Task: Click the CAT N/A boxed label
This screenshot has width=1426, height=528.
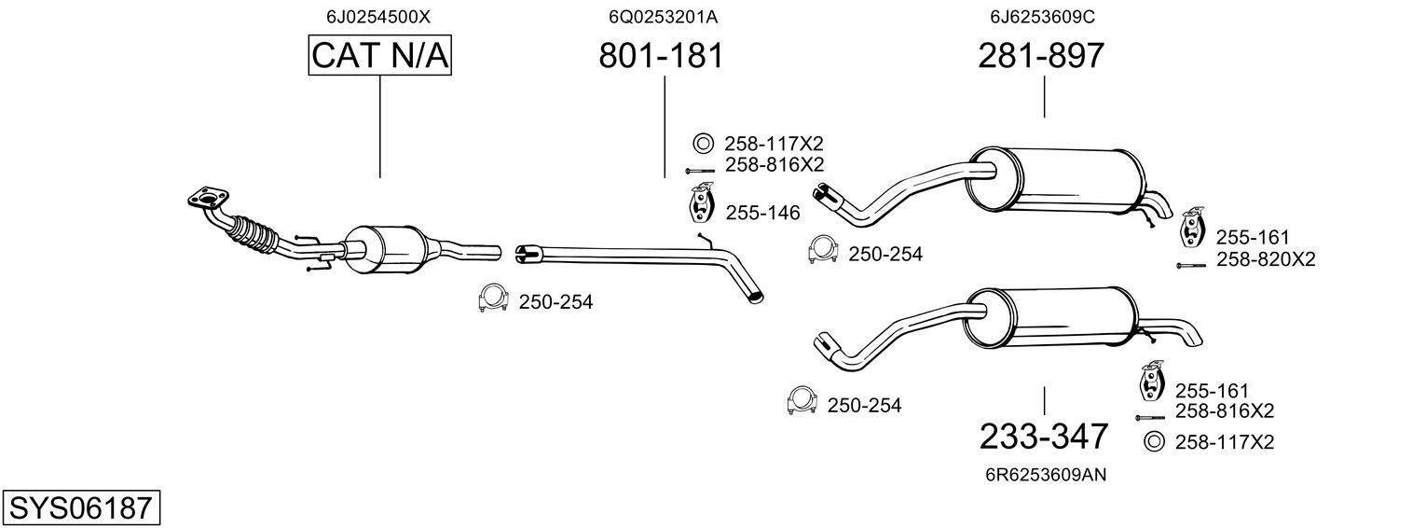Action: click(379, 56)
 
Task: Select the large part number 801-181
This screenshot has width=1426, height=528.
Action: click(661, 56)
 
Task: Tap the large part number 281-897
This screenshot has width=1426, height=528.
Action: click(1041, 56)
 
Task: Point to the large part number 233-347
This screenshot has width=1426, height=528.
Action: click(1044, 436)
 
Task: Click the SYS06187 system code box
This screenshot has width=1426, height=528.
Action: click(80, 508)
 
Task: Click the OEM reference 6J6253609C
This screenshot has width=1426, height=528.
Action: click(1041, 17)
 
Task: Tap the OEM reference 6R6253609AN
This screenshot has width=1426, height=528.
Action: click(1046, 475)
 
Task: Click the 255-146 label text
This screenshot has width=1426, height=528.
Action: click(762, 214)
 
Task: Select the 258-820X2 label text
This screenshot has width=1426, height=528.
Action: click(1265, 260)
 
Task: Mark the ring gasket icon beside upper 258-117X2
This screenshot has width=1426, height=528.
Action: click(703, 144)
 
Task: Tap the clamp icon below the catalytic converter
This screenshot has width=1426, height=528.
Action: click(491, 297)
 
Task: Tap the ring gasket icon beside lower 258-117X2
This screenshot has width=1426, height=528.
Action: click(1154, 442)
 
